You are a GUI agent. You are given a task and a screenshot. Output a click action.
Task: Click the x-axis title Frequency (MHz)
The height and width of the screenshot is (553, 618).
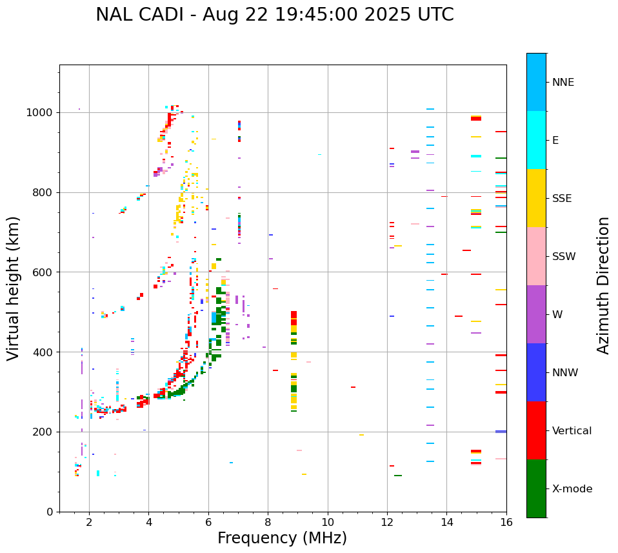click(x=282, y=538)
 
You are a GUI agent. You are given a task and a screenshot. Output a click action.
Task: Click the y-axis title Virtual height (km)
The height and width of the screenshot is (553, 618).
click(x=14, y=288)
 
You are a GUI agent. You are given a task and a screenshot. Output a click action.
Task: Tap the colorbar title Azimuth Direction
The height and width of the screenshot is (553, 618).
click(x=603, y=285)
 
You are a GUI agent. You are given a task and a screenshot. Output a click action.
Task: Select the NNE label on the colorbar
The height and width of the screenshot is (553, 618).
click(x=563, y=83)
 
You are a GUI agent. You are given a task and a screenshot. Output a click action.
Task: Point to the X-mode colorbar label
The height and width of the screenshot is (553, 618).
click(x=572, y=489)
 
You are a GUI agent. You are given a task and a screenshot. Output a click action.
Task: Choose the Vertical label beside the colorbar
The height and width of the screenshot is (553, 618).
click(x=572, y=431)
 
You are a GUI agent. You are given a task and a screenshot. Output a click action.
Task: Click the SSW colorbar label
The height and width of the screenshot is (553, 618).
click(x=564, y=257)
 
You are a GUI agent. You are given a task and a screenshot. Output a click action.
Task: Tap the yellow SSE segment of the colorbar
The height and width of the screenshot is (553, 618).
click(x=536, y=198)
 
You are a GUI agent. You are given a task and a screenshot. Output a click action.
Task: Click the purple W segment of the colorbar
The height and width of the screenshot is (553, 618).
click(x=536, y=314)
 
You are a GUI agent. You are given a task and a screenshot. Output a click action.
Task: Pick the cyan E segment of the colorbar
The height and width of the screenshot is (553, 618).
click(x=536, y=140)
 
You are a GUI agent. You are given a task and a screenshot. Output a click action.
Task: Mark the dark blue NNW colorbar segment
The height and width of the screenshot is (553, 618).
click(x=536, y=372)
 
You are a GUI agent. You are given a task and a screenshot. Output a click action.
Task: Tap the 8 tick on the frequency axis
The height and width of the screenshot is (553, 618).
click(x=268, y=521)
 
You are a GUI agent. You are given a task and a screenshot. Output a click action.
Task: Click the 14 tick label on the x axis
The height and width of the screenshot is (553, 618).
click(x=446, y=521)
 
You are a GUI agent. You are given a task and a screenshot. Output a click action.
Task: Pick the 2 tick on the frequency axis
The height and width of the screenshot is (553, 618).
click(x=89, y=521)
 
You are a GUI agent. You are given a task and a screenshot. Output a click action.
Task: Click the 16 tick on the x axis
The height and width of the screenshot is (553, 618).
click(x=506, y=521)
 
